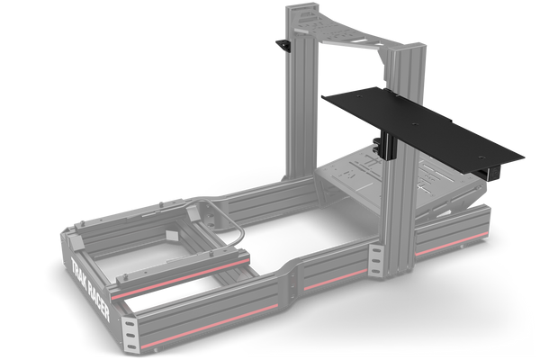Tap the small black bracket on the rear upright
tap(283, 46)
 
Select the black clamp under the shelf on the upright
tap(386, 147)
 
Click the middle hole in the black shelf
tap(415, 123)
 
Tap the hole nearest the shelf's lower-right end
tap(481, 157)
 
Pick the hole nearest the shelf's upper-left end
tap(360, 96)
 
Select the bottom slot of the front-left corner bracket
tap(131, 346)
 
